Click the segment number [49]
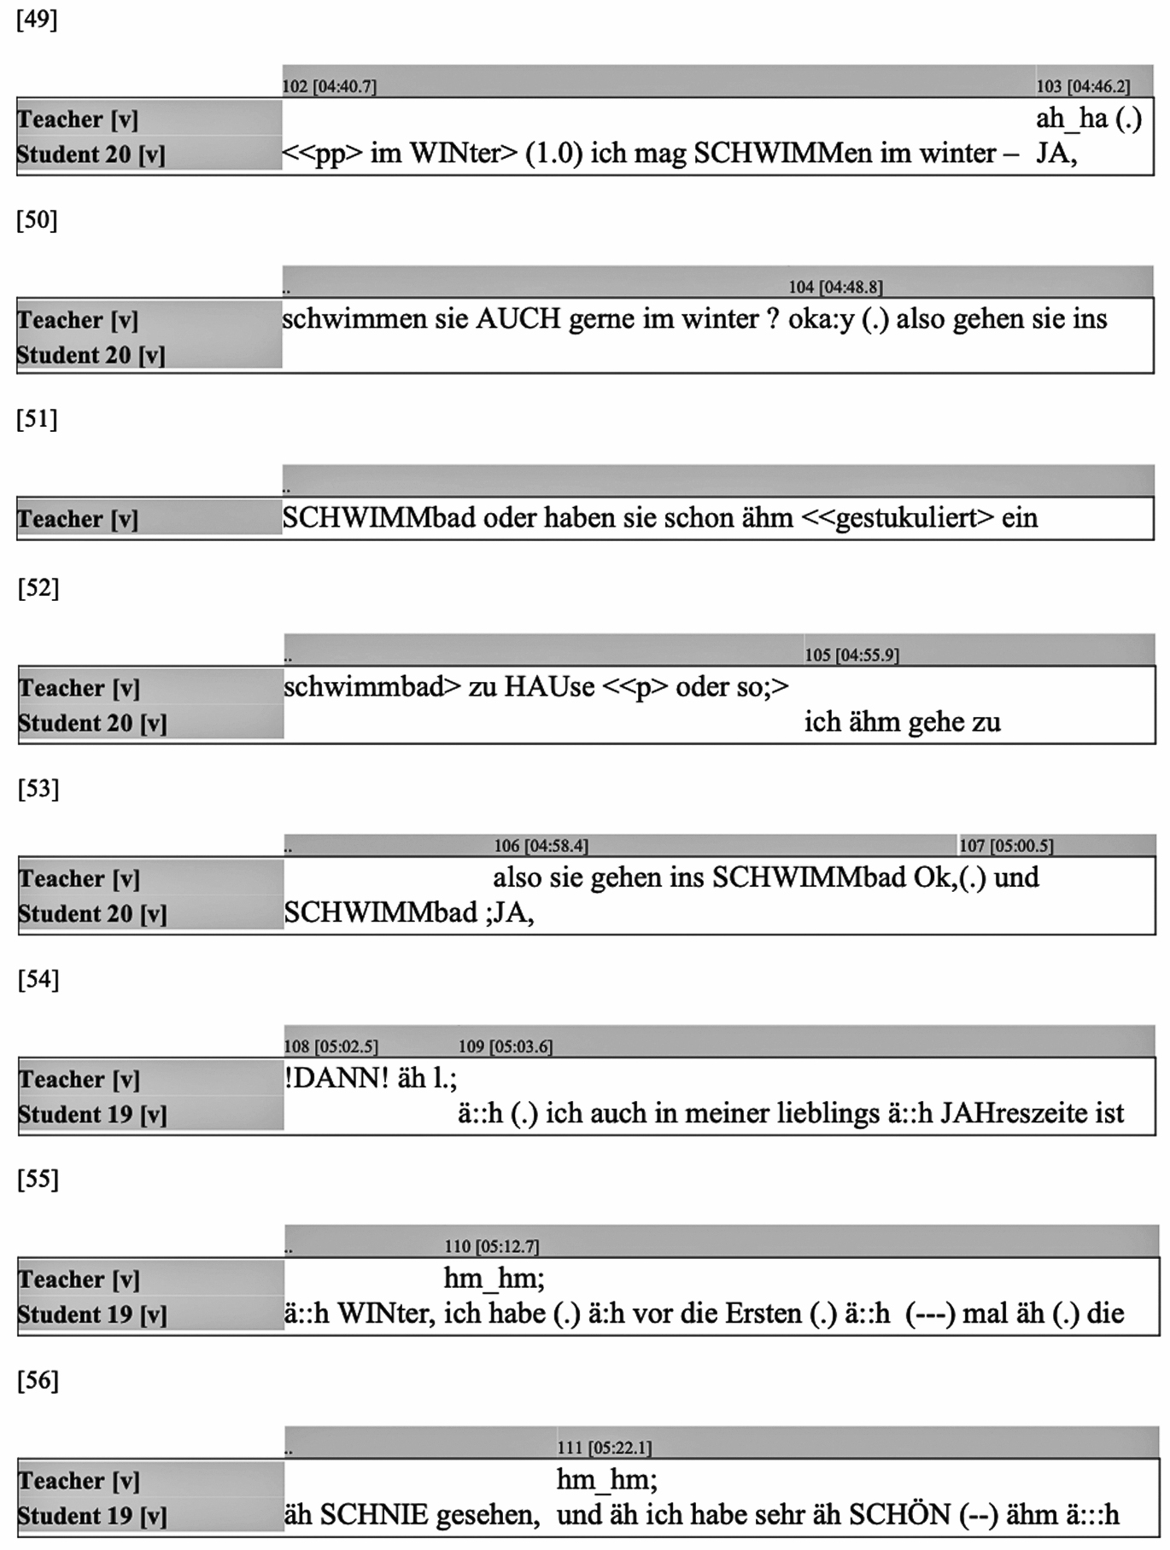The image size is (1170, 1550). [37, 20]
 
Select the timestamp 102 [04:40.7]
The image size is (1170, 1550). [329, 86]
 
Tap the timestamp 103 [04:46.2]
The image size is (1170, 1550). [1082, 86]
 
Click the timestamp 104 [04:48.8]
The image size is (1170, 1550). [835, 287]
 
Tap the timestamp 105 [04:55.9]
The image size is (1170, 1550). [851, 655]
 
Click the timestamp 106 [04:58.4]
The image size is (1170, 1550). [541, 845]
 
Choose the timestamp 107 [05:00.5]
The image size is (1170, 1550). [1006, 845]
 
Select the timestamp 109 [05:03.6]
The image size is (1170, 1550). [506, 1046]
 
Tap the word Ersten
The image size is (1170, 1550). [763, 1313]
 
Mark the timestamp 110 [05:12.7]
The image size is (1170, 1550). [491, 1246]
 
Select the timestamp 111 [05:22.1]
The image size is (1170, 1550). [604, 1448]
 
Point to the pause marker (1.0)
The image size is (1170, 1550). [553, 154]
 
